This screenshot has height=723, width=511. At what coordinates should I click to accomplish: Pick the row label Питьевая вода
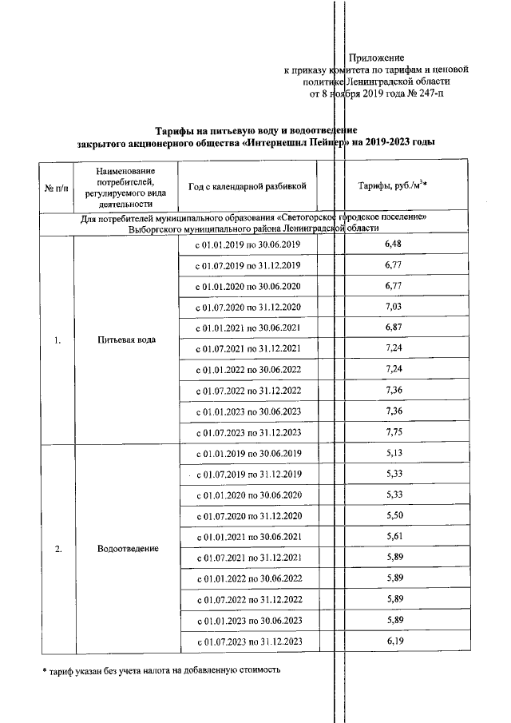pyautogui.click(x=125, y=340)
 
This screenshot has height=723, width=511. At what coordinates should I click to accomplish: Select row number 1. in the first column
pyautogui.click(x=57, y=340)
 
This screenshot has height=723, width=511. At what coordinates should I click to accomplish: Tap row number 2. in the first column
pyautogui.click(x=57, y=549)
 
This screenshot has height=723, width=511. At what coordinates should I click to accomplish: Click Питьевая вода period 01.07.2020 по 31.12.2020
pyautogui.click(x=248, y=308)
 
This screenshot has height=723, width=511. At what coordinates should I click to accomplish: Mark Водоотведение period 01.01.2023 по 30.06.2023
pyautogui.click(x=248, y=620)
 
